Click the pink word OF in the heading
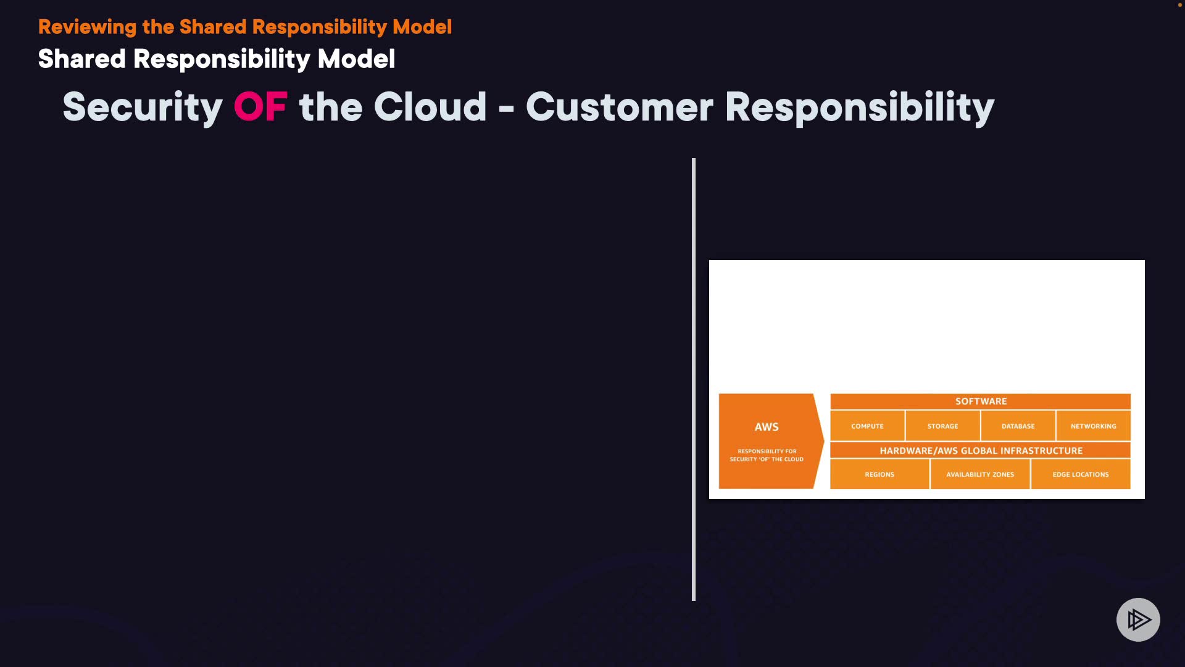260,107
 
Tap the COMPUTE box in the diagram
867,426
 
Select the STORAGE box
942,426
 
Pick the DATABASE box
1018,426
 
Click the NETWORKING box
1093,426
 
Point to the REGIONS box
879,474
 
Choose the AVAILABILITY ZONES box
980,474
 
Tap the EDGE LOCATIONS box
1081,474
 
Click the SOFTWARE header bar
981,401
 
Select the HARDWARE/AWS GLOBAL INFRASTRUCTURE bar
981,451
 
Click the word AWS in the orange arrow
767,427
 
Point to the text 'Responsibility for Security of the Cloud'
767,455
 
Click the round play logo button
1138,619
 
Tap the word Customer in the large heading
619,107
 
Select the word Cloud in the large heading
430,107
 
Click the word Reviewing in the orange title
87,27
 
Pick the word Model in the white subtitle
356,59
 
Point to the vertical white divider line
694,379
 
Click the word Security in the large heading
143,107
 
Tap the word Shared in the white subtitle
81,59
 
